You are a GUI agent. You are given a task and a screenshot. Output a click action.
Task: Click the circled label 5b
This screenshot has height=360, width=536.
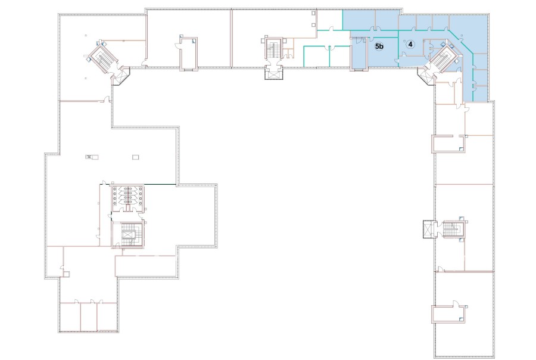click(x=379, y=46)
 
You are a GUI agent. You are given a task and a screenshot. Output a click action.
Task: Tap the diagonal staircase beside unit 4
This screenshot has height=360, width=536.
click(x=444, y=58)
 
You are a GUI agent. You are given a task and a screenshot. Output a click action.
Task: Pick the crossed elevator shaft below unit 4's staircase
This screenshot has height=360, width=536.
click(x=426, y=76)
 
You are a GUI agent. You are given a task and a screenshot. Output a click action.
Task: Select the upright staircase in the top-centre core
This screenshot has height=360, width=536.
click(x=273, y=49)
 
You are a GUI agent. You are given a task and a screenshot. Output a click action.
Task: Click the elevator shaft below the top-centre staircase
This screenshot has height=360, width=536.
click(x=274, y=73)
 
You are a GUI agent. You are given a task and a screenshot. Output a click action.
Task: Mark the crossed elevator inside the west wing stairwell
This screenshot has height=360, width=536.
click(x=128, y=235)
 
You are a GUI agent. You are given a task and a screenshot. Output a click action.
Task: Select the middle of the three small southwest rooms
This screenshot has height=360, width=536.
click(x=89, y=316)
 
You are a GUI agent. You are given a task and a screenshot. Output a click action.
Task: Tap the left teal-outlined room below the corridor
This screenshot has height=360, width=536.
click(x=317, y=56)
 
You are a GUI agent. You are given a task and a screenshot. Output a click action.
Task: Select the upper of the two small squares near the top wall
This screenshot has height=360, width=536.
click(x=313, y=13)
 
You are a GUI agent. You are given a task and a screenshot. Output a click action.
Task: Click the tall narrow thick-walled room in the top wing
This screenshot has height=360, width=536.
click(x=189, y=54)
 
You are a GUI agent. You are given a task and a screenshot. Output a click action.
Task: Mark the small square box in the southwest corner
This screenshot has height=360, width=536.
click(x=66, y=274)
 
